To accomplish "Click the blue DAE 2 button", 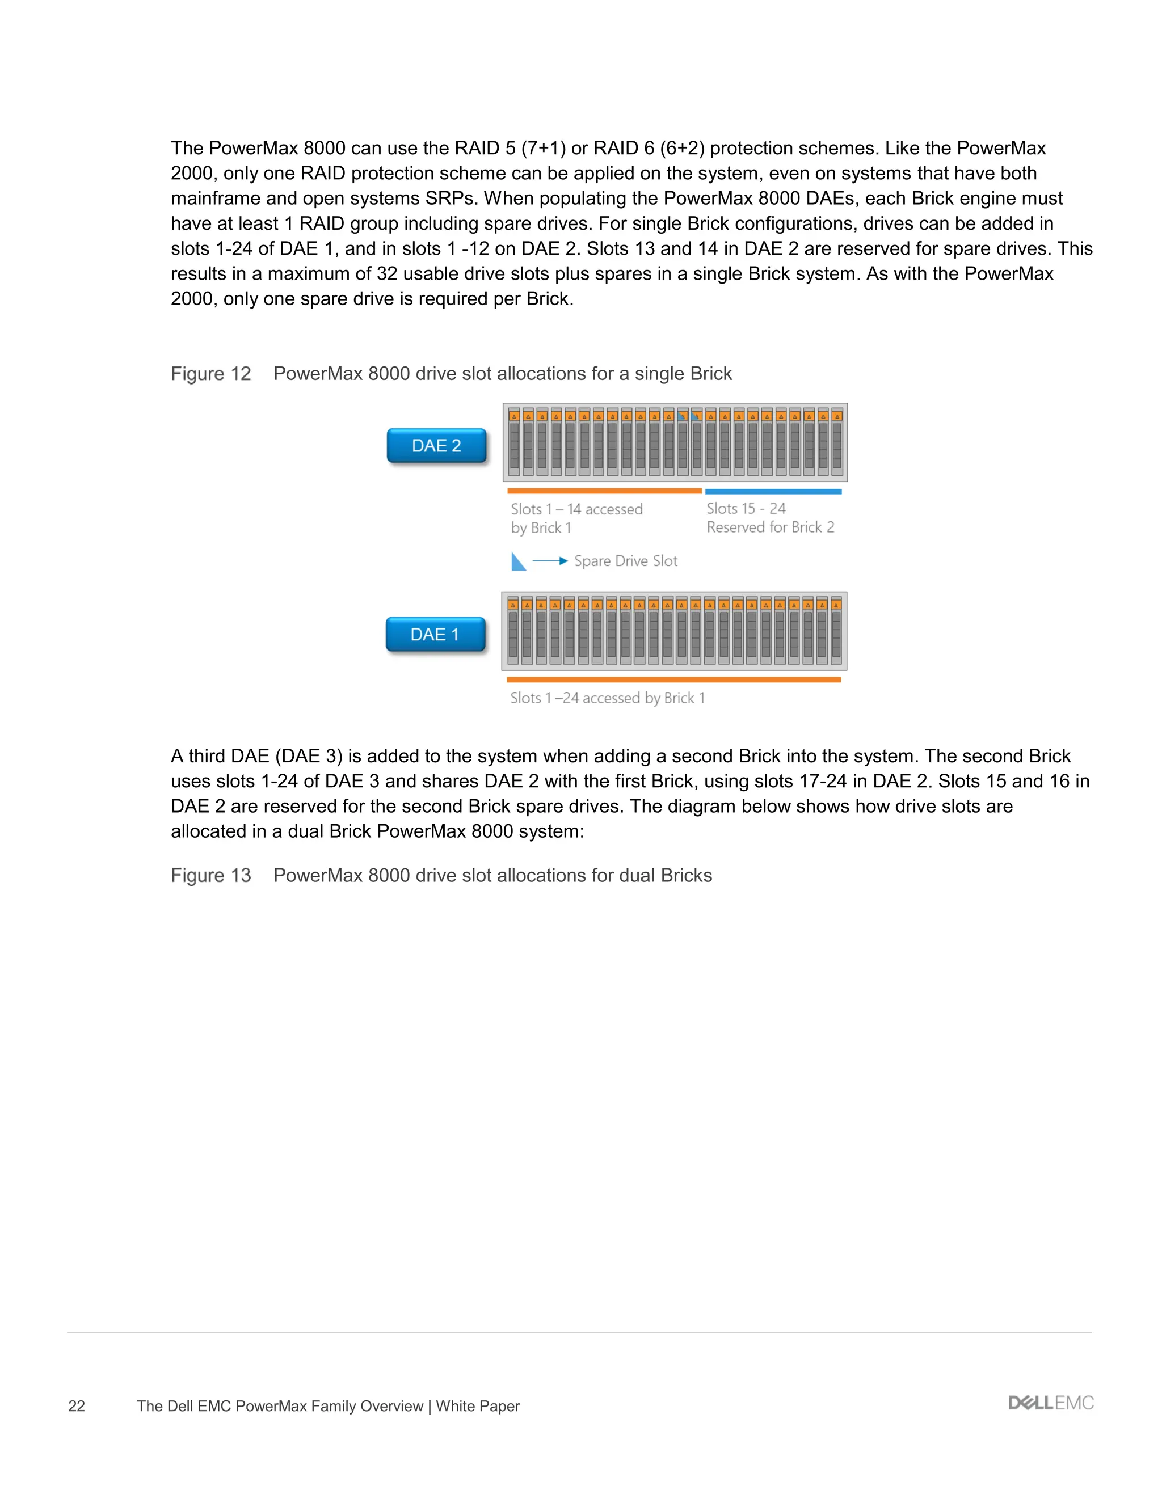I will point(436,446).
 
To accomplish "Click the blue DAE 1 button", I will point(435,635).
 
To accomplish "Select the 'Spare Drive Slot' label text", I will point(626,561).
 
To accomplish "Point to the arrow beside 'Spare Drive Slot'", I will point(550,561).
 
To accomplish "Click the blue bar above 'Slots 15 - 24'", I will point(773,491).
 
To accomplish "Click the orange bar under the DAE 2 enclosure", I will point(604,491).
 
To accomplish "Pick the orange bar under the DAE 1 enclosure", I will point(673,680).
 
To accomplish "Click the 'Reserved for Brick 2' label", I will point(771,527).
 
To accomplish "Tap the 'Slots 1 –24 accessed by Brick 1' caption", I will point(607,698).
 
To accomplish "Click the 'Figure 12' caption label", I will point(210,374).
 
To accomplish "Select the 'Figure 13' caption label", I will point(210,875).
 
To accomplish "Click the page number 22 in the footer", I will point(77,1406).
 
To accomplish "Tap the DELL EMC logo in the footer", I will point(1050,1403).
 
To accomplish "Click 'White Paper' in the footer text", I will point(478,1406).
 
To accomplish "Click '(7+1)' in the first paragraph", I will point(543,148).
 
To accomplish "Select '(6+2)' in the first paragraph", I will point(682,148).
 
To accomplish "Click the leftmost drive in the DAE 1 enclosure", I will point(513,631).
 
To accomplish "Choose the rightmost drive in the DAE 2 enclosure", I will point(837,442).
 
